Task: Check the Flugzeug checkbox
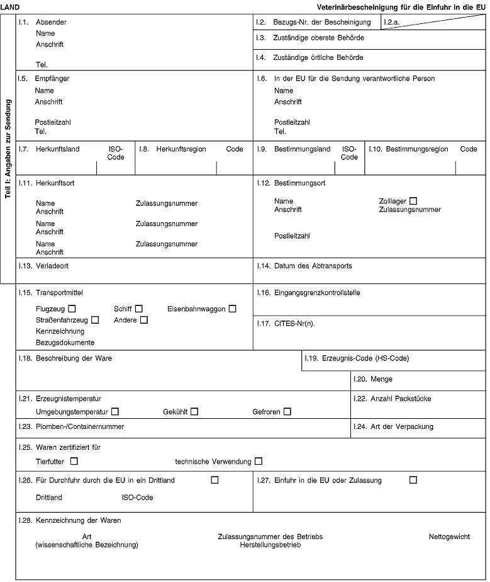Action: pos(73,309)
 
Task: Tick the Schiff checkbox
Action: pos(139,309)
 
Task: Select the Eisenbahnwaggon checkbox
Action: pos(233,309)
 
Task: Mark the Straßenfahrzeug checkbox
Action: pos(95,320)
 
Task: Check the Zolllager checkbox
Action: pos(413,201)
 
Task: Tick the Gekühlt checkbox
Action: pos(194,411)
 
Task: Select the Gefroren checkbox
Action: pos(287,411)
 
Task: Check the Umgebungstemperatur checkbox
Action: pos(114,411)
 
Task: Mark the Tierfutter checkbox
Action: pos(75,461)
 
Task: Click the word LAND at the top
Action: pos(11,6)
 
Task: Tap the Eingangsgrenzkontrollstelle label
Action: pos(317,293)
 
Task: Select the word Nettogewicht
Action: pos(449,536)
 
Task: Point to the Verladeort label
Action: pos(52,266)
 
